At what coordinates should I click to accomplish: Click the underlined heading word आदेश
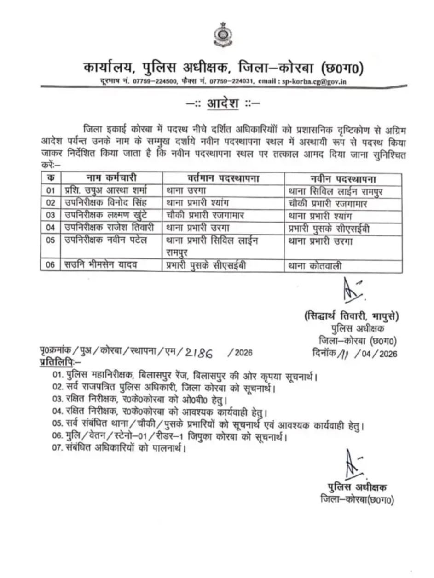[x=223, y=103]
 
